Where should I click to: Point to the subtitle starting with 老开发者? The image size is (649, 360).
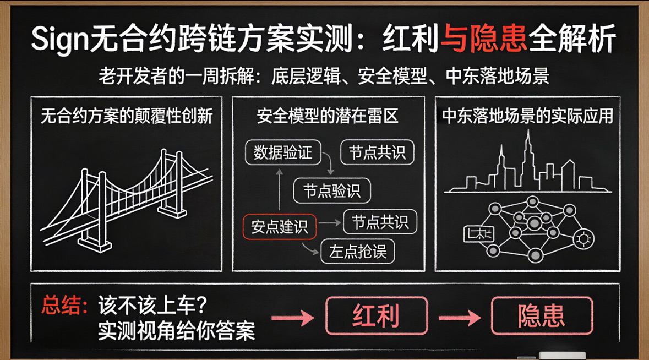tap(324, 75)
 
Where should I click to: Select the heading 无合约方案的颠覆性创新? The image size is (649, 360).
tap(127, 117)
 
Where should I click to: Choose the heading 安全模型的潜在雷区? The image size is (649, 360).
tap(328, 116)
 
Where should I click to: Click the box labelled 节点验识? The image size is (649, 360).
tap(332, 191)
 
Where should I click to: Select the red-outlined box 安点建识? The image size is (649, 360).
tap(280, 227)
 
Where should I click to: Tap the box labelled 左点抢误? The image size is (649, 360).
tap(358, 252)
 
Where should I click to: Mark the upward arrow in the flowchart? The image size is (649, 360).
tap(279, 190)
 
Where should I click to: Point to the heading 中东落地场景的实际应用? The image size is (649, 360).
tap(527, 117)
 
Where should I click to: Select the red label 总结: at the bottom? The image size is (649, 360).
tap(64, 306)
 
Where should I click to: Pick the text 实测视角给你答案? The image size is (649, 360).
tap(176, 330)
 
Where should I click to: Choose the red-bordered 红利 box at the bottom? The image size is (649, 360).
tap(377, 316)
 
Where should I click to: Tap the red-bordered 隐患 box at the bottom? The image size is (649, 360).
tap(542, 316)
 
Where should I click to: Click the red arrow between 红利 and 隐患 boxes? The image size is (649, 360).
tap(460, 317)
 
